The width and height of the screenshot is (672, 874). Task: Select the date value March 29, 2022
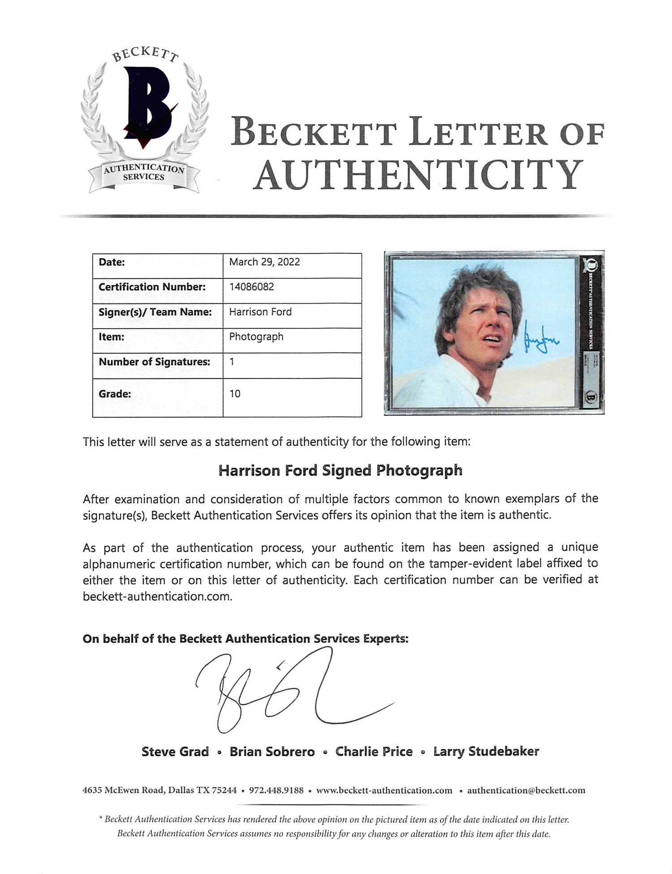tap(264, 262)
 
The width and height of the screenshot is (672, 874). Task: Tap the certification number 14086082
tap(251, 287)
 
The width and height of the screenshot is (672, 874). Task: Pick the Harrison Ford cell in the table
tap(260, 312)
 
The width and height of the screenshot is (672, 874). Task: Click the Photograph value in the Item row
tap(256, 337)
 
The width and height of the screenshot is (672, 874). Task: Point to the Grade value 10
tap(235, 394)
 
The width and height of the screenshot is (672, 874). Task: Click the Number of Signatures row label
tap(155, 362)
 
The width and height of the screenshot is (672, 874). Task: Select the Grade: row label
tap(115, 394)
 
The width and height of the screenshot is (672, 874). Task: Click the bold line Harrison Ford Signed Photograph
tap(340, 470)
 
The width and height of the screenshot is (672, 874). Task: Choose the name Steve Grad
tap(175, 752)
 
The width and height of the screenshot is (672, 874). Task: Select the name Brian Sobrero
tap(272, 752)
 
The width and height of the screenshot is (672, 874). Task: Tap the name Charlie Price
tap(374, 752)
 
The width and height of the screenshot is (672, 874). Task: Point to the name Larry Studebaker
tap(486, 752)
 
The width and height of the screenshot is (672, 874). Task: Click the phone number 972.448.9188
tap(276, 790)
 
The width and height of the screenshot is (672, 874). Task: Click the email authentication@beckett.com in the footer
tap(526, 790)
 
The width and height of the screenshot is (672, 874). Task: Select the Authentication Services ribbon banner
tap(144, 173)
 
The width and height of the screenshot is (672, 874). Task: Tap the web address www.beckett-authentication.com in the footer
tap(384, 790)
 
